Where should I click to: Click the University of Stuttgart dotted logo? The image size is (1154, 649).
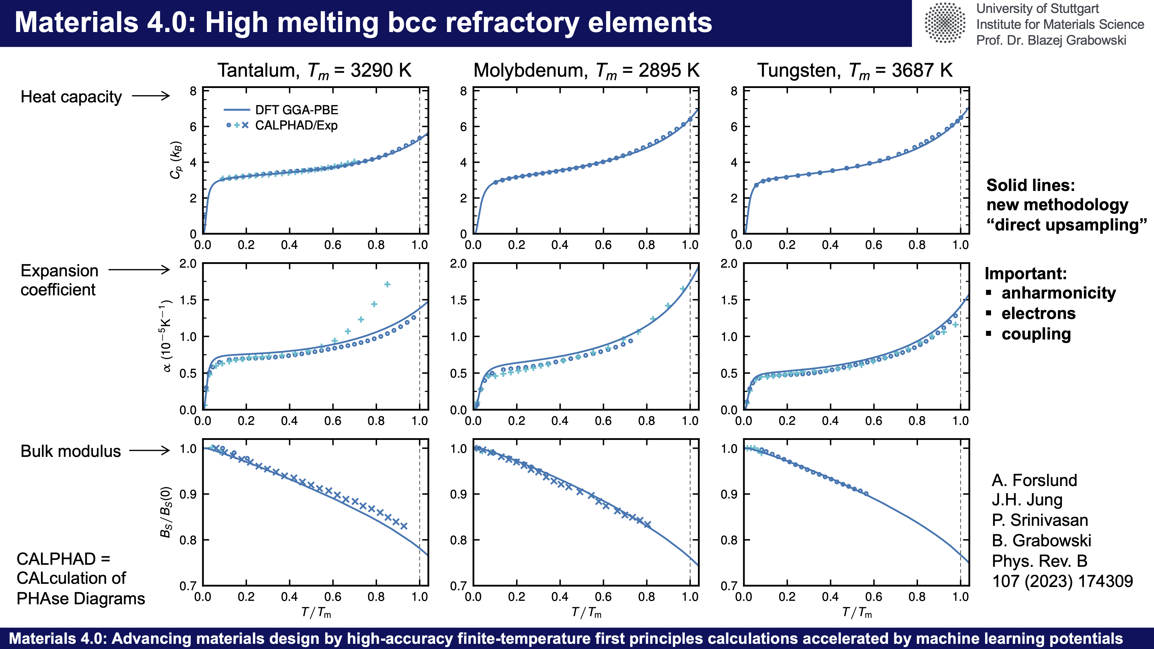pos(944,23)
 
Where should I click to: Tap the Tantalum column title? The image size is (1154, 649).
pos(314,71)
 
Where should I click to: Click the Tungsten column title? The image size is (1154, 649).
pos(855,71)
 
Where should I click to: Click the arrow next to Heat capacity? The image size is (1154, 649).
pos(151,96)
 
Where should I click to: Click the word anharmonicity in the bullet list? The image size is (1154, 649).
pos(1059,293)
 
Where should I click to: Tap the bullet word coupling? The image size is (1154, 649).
pos(1036,334)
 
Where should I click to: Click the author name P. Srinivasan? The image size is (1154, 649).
pos(1040,520)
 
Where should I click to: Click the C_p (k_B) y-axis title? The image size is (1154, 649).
pos(176,160)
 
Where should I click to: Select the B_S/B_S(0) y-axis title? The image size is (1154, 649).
pos(166,511)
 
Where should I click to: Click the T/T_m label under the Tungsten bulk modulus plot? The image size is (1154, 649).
pos(857,612)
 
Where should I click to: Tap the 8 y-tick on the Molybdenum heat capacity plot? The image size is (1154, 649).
pos(463,92)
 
